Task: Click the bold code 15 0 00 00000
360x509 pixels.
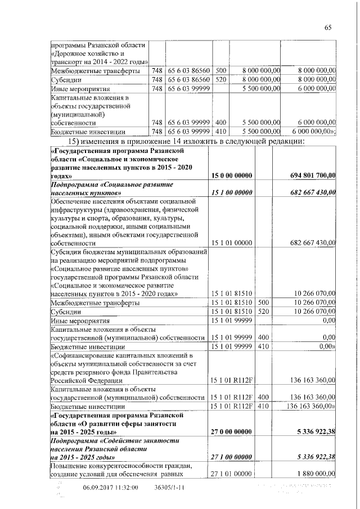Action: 231,176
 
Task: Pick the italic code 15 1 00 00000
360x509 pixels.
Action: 231,192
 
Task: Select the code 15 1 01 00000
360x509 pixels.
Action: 231,242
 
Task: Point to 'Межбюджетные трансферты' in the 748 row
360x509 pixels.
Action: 92,71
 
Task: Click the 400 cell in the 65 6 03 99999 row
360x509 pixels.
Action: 220,122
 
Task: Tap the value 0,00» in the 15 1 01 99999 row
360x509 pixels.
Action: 326,345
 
